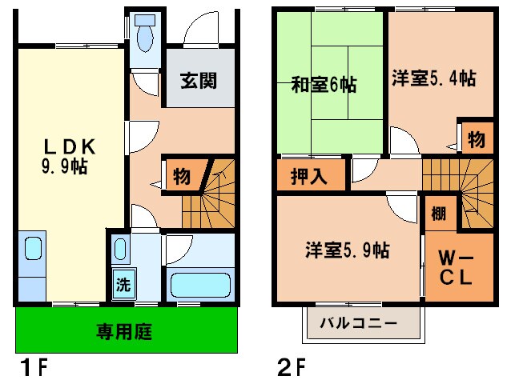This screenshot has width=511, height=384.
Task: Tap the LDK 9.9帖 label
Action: (x=70, y=155)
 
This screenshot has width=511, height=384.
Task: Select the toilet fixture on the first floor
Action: (x=146, y=35)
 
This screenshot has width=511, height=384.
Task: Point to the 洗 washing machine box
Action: (x=123, y=283)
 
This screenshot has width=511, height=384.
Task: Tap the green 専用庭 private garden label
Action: (x=126, y=330)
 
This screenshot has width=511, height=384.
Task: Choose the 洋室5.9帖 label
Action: (x=347, y=250)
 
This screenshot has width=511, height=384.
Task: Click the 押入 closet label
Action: (x=308, y=176)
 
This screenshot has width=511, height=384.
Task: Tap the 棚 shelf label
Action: (x=438, y=214)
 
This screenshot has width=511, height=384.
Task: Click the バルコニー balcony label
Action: (x=359, y=324)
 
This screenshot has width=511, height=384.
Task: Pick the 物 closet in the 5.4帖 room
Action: (x=476, y=139)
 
